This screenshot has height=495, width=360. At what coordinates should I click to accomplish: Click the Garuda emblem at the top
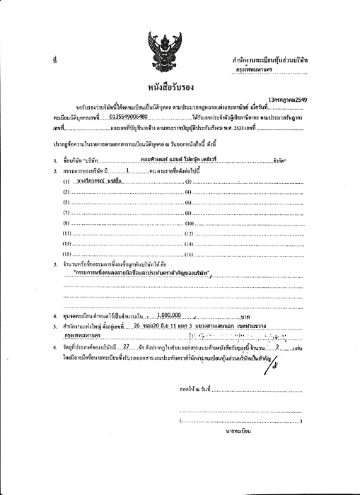click(161, 49)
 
